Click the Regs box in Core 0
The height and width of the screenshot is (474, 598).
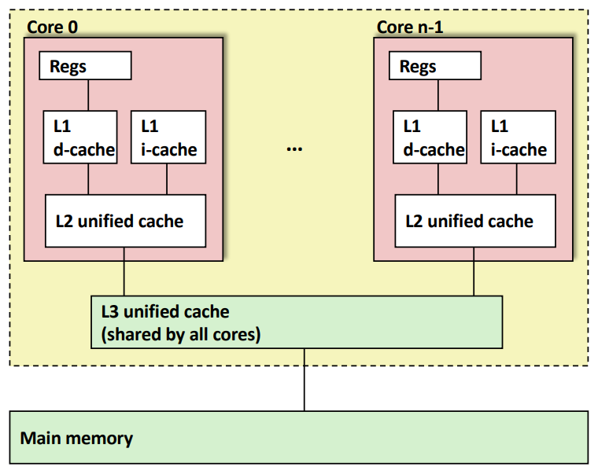[x=86, y=65]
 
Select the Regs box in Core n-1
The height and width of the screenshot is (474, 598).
[x=435, y=65]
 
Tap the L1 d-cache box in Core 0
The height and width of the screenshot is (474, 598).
[x=80, y=138]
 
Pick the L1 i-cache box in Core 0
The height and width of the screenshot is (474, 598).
[x=168, y=138]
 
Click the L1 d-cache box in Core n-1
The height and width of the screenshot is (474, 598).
[x=430, y=138]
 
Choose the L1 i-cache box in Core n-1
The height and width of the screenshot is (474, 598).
[x=518, y=138]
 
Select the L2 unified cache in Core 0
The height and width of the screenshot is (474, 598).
[x=125, y=221]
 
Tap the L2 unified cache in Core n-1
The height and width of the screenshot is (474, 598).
[x=475, y=221]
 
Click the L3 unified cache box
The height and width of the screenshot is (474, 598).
[x=297, y=322]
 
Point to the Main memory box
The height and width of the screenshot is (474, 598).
[x=299, y=437]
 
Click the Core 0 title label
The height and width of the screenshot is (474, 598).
[x=53, y=27]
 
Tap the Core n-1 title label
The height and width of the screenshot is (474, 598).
[x=410, y=27]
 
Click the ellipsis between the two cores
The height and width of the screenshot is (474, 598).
[x=294, y=149]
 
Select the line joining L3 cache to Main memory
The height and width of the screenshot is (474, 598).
[x=305, y=380]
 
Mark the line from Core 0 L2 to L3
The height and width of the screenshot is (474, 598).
[x=124, y=272]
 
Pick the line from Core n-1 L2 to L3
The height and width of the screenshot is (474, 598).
[x=474, y=272]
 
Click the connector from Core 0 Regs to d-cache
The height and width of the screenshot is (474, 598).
[x=88, y=95]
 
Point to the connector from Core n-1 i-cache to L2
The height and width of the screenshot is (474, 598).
[x=517, y=179]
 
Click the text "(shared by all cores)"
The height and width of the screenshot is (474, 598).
[x=181, y=335]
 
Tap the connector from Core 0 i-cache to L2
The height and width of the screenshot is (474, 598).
[x=167, y=179]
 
